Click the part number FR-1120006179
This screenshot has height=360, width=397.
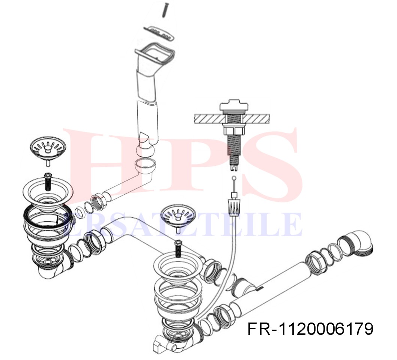click(x=310, y=329)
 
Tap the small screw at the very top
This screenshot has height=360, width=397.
click(x=165, y=9)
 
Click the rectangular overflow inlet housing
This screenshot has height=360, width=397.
click(x=155, y=54)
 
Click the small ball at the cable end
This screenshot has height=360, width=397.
click(x=234, y=178)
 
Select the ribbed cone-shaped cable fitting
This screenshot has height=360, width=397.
click(x=234, y=207)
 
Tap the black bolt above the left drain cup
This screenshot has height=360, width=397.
click(x=47, y=181)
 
